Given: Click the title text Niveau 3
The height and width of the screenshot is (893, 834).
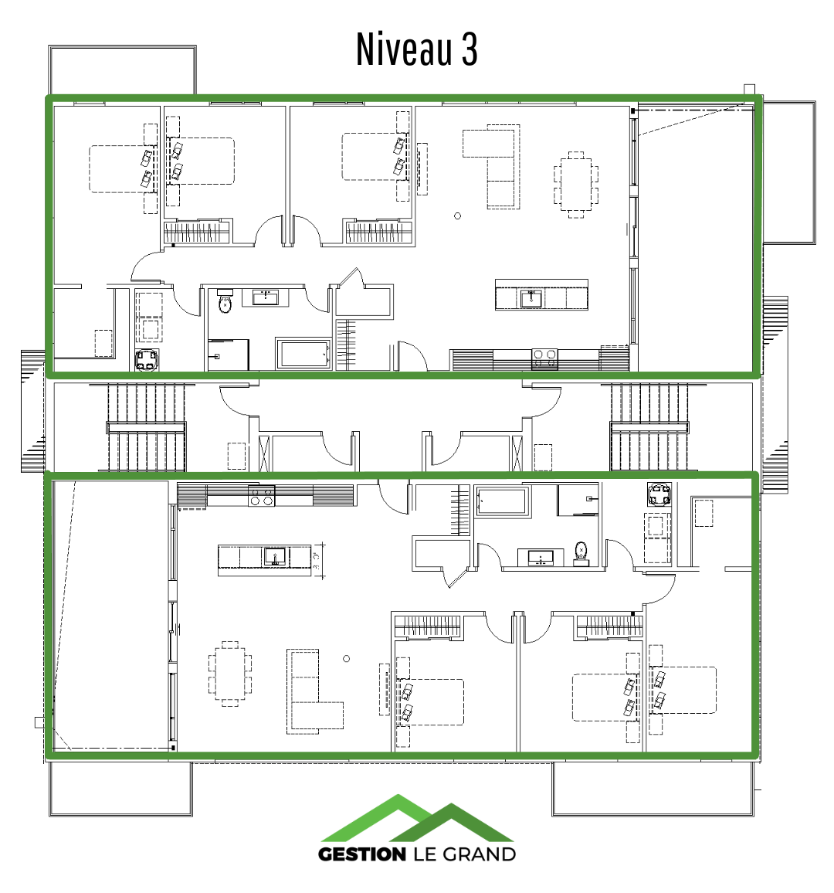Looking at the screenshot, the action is click(417, 49).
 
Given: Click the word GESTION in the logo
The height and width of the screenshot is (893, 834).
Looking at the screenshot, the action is click(362, 854).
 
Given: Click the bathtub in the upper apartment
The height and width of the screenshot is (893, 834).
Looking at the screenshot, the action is click(303, 355).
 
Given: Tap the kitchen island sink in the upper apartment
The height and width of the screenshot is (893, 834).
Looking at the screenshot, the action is click(531, 298).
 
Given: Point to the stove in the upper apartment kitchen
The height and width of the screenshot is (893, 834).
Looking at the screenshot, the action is click(544, 358).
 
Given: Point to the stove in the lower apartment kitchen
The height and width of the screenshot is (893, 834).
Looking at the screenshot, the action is click(261, 496).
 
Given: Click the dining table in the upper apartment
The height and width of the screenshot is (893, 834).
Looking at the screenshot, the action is click(575, 185).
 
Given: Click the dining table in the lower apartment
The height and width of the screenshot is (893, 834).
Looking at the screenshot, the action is click(230, 674).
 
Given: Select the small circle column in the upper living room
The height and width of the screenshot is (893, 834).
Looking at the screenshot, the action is click(457, 216).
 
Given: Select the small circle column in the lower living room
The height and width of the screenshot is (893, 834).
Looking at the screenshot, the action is click(346, 658).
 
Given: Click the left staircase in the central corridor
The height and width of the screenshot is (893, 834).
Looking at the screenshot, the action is click(146, 427).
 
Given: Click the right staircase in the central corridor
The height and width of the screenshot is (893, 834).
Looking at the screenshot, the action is click(649, 427).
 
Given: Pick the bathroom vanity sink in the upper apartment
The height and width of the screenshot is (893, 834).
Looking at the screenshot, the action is click(266, 297).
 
